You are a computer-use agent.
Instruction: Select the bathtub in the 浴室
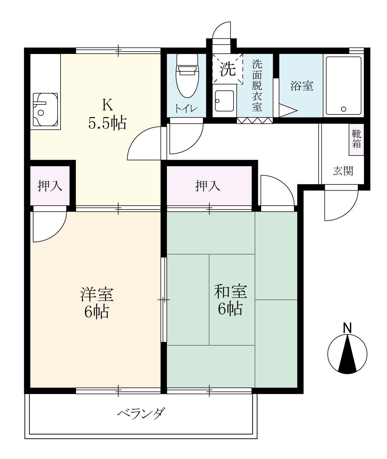point(343,86)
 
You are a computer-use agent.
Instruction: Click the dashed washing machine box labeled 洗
point(228,69)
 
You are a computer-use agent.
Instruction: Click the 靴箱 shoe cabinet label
point(356,139)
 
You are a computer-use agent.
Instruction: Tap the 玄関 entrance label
point(343,171)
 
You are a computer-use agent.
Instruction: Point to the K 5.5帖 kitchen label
point(107,114)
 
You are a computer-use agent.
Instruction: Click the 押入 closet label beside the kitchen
point(50,186)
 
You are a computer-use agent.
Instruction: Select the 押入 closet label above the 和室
point(208,186)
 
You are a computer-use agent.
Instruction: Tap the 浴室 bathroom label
point(301,86)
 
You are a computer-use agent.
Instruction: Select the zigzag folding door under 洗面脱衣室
point(255,121)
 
